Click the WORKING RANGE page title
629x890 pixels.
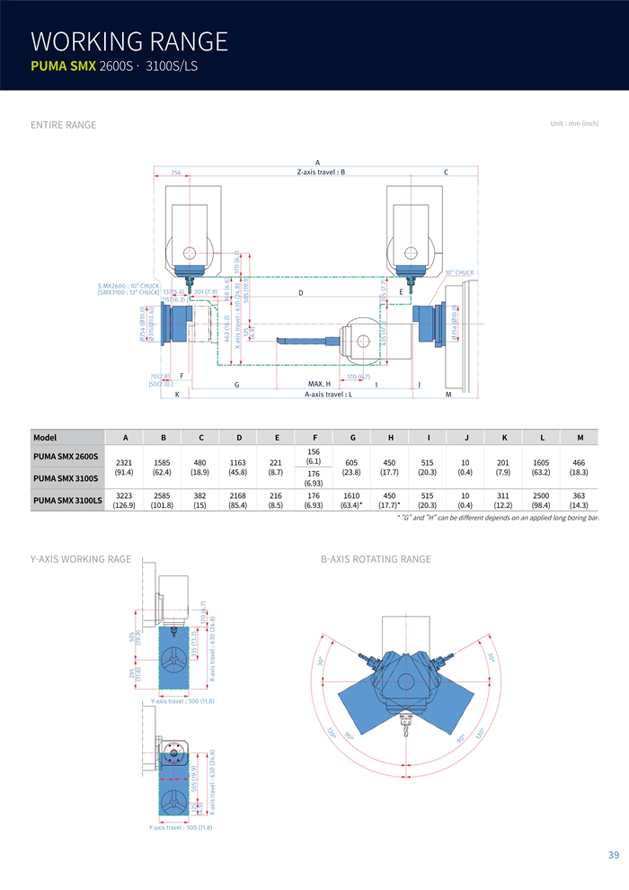pyautogui.click(x=129, y=41)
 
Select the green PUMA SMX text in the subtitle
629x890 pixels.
pyautogui.click(x=63, y=67)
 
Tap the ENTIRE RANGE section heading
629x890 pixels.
pyautogui.click(x=63, y=125)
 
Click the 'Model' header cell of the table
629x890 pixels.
pyautogui.click(x=45, y=438)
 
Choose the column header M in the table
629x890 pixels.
pyautogui.click(x=580, y=438)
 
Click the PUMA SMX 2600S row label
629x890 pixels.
pyautogui.click(x=66, y=457)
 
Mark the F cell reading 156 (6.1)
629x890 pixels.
pyautogui.click(x=314, y=456)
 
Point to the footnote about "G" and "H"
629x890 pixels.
pyautogui.click(x=498, y=518)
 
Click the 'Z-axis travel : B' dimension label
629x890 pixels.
pyautogui.click(x=321, y=172)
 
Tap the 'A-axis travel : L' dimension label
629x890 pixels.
pyautogui.click(x=328, y=394)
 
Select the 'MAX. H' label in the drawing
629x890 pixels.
pyautogui.click(x=319, y=384)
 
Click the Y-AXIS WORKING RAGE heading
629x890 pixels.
pyautogui.click(x=81, y=559)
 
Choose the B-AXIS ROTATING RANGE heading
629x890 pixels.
pyautogui.click(x=376, y=559)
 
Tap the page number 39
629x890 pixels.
pyautogui.click(x=613, y=855)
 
